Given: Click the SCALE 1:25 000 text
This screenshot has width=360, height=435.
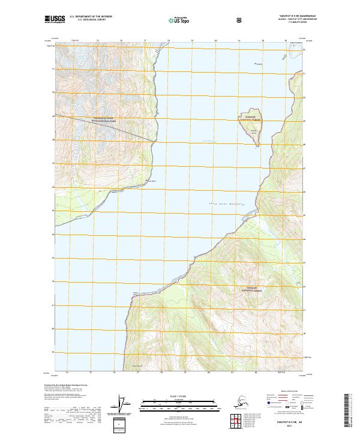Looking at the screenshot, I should tap(179, 397).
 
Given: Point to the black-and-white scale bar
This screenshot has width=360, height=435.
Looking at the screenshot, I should tap(179, 403).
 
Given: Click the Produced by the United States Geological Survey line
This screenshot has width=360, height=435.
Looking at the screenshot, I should tap(72, 385).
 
